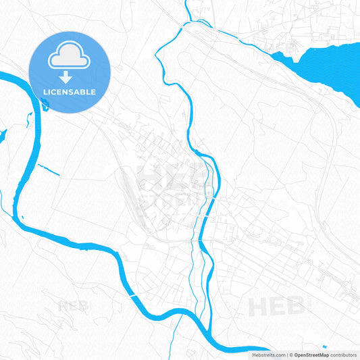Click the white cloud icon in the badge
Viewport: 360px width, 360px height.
pos(69,58)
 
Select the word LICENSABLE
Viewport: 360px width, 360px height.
pos(70,92)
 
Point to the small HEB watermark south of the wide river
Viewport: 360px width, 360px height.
pos(73,306)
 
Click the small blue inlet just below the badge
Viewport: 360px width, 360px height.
pos(45,103)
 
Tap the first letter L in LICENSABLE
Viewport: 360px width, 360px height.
pos(45,92)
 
